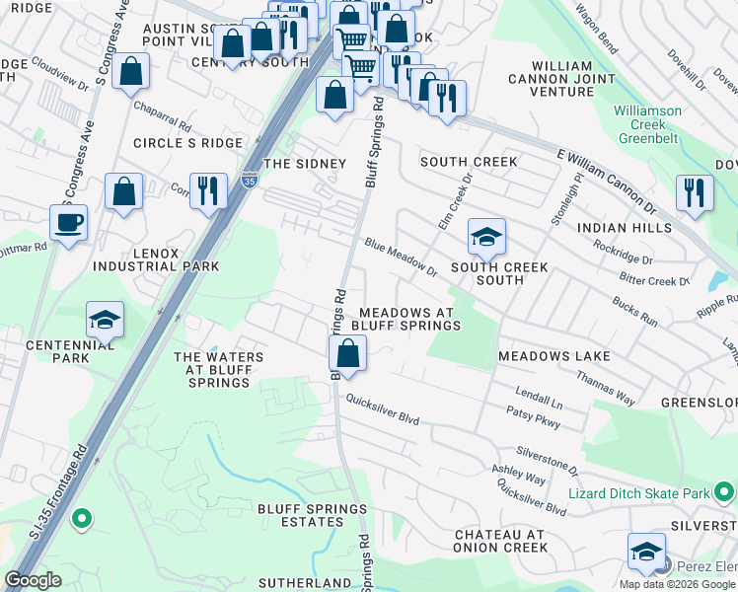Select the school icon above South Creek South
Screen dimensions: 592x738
[x=486, y=236]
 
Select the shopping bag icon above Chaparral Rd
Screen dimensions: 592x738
[x=131, y=71]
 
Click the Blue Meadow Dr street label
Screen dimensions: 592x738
[x=401, y=257]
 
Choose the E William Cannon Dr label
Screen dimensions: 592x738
[x=606, y=182]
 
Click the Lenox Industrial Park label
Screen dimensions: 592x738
[x=137, y=259]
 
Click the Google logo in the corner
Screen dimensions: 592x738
[x=33, y=580]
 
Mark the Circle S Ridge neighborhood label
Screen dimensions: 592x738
[x=187, y=143]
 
